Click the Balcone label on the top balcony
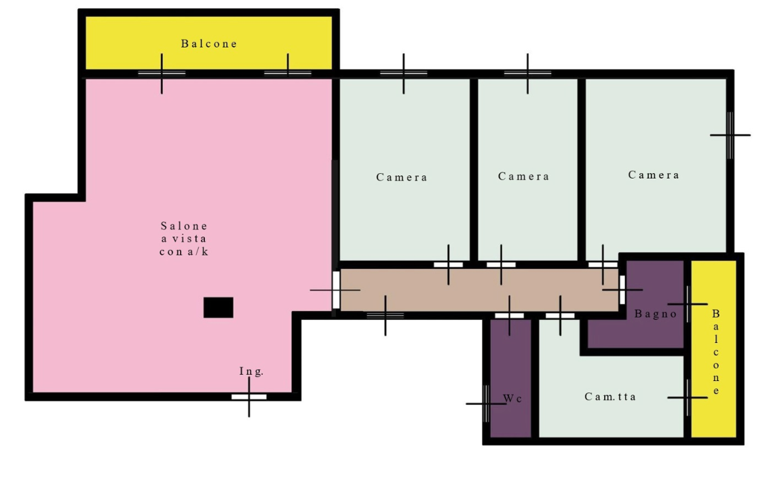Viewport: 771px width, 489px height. coord(209,43)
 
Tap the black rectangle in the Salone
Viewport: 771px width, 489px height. coord(219,308)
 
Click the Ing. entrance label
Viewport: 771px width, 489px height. coord(251,372)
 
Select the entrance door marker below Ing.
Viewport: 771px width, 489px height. coord(249,397)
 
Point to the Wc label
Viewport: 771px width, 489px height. coord(512,399)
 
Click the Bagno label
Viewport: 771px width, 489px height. coord(656,314)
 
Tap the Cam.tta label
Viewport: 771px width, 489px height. coord(610,397)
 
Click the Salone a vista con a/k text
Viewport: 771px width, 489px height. coord(184,238)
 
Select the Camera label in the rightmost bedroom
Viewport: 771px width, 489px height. coord(654,175)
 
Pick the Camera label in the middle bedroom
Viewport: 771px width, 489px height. coord(523,176)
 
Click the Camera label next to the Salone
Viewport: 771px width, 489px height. coord(402,177)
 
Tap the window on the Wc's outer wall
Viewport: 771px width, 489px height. coord(487,403)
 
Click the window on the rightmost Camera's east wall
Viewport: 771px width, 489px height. coord(730,134)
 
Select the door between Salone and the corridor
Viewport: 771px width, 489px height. coord(336,290)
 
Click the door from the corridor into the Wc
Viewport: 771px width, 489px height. coord(509,315)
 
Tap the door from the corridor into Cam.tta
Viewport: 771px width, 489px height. coord(560,315)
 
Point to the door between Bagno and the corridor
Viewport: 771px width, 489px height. coord(622,290)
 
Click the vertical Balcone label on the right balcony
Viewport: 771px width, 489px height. coord(716,352)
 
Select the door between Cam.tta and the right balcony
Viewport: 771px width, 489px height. coord(688,397)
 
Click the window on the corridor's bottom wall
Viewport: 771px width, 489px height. coord(385,315)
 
